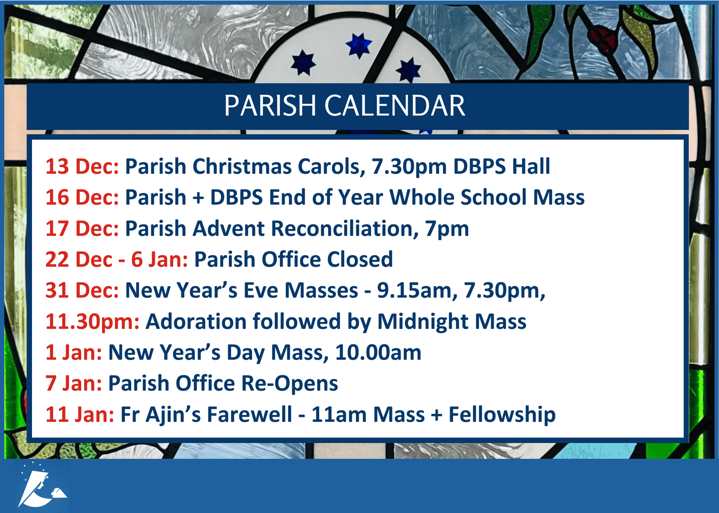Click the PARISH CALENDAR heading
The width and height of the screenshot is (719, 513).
click(345, 106)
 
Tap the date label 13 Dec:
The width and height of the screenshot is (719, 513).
click(82, 166)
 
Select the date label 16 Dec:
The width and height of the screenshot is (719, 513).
click(82, 197)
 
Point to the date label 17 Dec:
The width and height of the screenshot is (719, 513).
click(82, 228)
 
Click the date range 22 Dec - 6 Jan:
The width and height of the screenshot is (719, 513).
click(116, 259)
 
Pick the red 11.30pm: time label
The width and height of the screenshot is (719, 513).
click(92, 322)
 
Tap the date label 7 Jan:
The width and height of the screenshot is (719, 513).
click(74, 383)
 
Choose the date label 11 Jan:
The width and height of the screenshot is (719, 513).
click(80, 415)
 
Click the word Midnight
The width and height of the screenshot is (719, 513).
click(423, 322)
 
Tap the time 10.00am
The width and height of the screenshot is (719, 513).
click(378, 352)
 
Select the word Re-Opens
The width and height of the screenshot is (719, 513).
click(289, 384)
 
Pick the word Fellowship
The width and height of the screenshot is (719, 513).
click(502, 415)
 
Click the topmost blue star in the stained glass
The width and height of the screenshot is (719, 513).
click(358, 45)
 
